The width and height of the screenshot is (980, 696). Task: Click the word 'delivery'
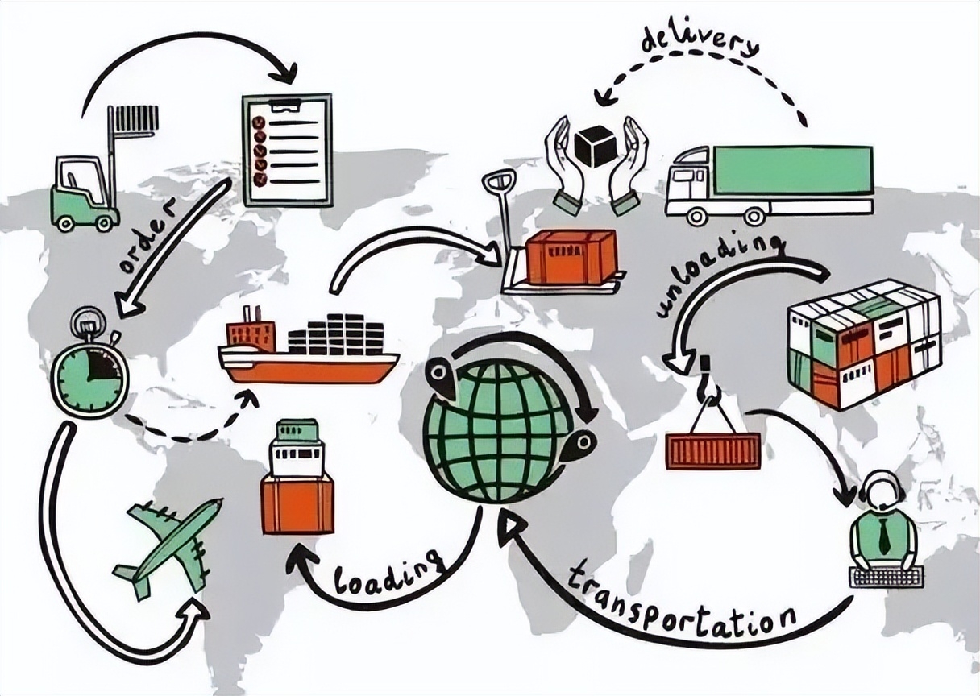pyautogui.click(x=700, y=43)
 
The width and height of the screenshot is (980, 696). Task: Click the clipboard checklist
pyautogui.click(x=287, y=150)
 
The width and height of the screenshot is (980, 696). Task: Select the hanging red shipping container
pyautogui.click(x=713, y=450)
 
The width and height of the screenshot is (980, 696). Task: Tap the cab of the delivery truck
pyautogui.click(x=690, y=180)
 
